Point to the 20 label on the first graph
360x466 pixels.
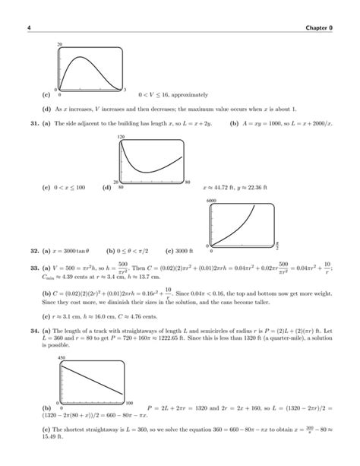pyautogui.click(x=59, y=46)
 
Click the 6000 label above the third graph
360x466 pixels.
pyautogui.click(x=212, y=199)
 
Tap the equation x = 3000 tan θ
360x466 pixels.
pyautogui.click(x=71, y=249)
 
